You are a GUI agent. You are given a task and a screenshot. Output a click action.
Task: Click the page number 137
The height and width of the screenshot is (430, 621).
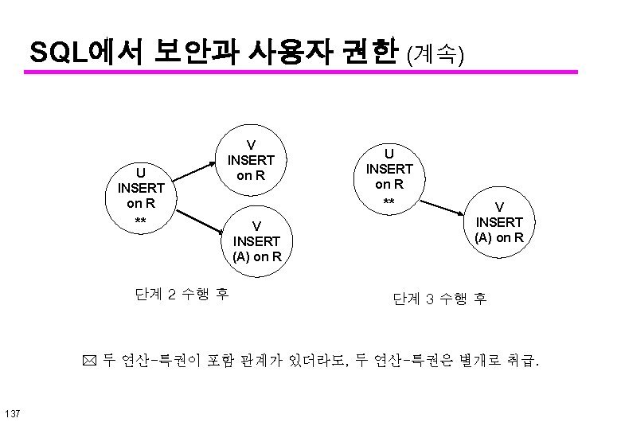(x=12, y=412)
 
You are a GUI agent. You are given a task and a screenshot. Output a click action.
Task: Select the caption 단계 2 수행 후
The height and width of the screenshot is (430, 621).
(x=182, y=294)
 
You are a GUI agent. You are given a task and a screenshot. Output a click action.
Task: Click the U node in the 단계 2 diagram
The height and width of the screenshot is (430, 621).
(x=140, y=195)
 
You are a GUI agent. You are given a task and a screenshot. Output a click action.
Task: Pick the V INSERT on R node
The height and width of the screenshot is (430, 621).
(x=252, y=159)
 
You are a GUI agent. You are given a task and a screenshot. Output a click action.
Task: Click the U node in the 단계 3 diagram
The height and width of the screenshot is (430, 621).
(x=389, y=178)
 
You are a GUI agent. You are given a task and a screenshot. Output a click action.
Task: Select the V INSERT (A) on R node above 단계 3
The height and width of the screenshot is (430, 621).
(x=499, y=222)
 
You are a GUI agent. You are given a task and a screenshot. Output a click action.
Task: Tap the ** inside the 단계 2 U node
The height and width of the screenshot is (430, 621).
(x=140, y=220)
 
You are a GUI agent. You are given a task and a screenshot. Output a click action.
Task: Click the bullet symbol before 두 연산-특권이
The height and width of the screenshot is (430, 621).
(x=90, y=363)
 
